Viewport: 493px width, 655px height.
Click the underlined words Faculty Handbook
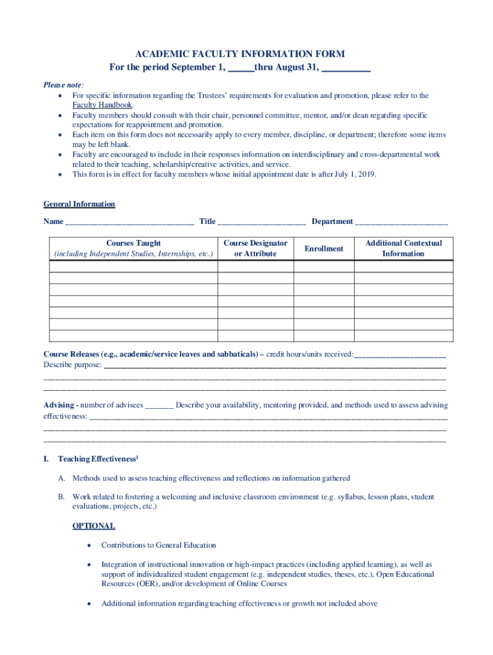pos(102,105)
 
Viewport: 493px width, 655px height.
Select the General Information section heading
pos(79,204)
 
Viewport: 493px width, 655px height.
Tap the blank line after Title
pos(261,223)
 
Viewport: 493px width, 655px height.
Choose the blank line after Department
pos(401,223)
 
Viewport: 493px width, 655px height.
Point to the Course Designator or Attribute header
pos(255,248)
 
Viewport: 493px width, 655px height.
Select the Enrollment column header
pos(324,248)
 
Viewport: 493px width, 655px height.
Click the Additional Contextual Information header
pos(403,248)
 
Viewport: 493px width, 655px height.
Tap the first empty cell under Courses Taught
pos(133,266)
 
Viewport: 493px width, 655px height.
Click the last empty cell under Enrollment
pos(324,336)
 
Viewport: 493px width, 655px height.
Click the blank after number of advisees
pos(159,406)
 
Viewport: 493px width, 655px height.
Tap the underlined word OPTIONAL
pos(93,526)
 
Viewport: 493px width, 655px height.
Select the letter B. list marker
pos(61,496)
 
